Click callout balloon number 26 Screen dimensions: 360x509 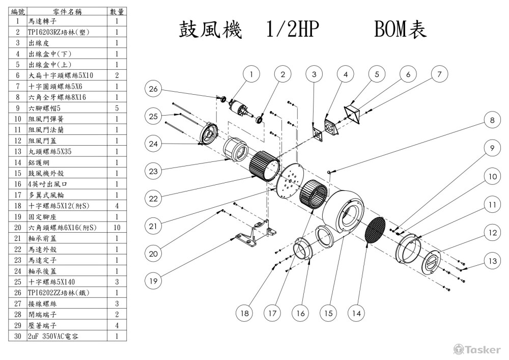click(153, 89)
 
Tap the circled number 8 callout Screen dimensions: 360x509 click(492, 121)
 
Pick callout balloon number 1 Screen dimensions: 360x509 click(251, 74)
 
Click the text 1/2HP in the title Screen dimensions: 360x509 click(292, 31)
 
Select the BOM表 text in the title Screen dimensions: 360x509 click(400, 31)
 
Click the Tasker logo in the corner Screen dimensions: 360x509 click(476, 349)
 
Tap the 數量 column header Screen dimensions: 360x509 click(117, 11)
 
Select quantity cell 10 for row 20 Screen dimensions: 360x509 click(117, 228)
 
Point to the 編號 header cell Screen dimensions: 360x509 click(18, 11)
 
